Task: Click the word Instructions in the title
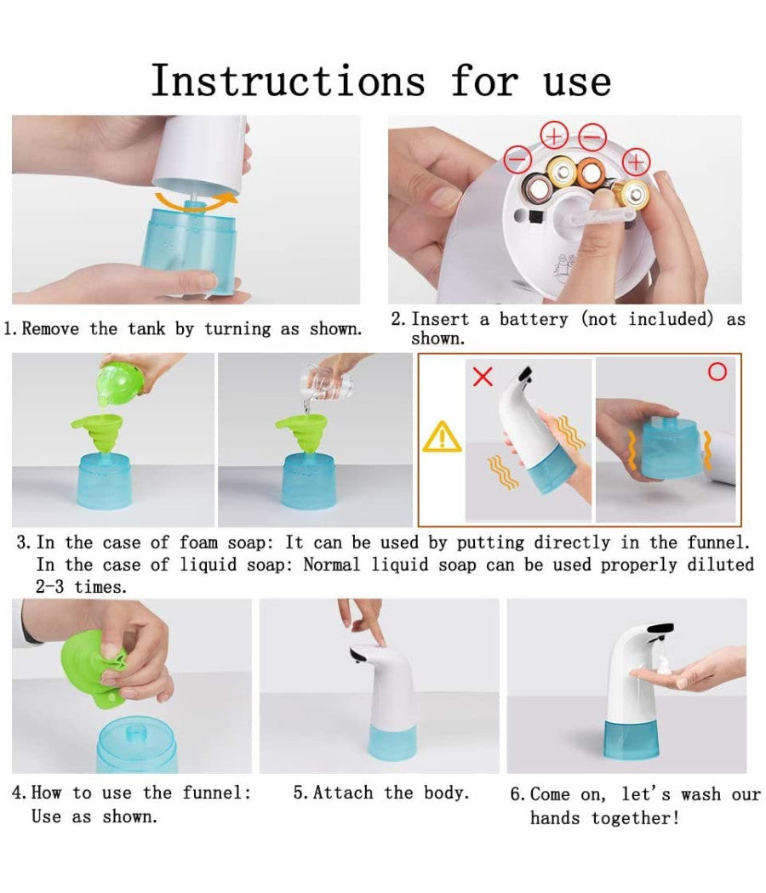(288, 81)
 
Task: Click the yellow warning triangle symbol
(443, 437)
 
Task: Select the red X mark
(483, 377)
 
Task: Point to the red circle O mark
(717, 372)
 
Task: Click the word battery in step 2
(534, 320)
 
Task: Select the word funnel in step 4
(216, 792)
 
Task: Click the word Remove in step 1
(50, 328)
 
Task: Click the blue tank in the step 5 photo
(393, 742)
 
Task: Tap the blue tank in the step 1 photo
(189, 251)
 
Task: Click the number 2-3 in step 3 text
(49, 587)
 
